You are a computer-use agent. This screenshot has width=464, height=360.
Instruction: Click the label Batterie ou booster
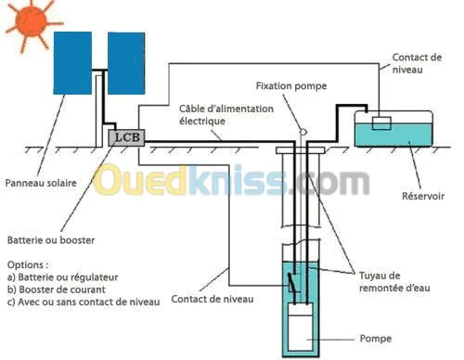click(45, 239)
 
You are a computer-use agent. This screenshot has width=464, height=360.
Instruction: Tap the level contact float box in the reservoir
click(380, 123)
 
